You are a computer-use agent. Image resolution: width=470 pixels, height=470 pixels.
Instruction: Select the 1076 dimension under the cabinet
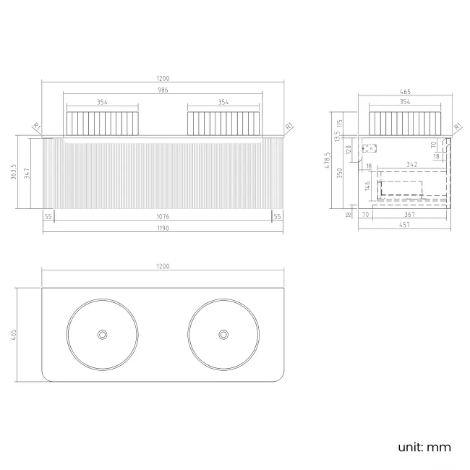pos(163,216)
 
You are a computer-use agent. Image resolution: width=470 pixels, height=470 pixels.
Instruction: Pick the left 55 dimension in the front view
pos(48,216)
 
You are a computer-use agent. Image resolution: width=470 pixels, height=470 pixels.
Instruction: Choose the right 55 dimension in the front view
pos(278,216)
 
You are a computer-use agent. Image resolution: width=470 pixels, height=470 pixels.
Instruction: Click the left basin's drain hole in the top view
pos(102,334)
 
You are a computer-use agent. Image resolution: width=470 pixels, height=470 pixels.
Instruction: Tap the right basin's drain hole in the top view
pos(223,334)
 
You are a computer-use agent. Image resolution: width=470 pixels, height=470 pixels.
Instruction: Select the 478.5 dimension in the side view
pos(328,160)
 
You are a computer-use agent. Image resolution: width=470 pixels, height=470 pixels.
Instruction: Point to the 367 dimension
pos(409,215)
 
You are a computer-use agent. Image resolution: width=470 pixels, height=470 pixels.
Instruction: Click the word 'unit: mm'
pos(424,447)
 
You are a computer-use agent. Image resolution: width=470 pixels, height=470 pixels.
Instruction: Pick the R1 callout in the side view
pos(458,127)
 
